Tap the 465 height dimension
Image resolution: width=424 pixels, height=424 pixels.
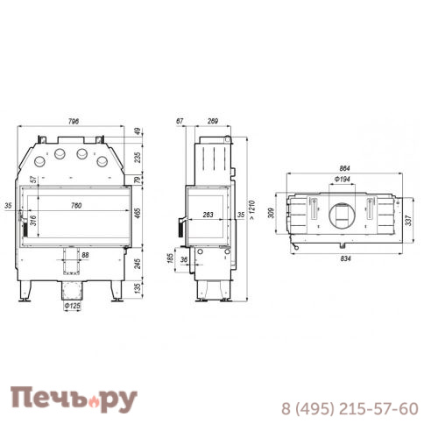click(138, 216)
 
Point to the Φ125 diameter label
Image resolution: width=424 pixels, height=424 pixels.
click(73, 307)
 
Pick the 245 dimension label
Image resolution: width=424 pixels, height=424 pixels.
click(138, 263)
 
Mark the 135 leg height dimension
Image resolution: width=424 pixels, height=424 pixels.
click(138, 287)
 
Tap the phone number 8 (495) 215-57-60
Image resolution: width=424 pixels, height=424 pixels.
click(349, 408)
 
